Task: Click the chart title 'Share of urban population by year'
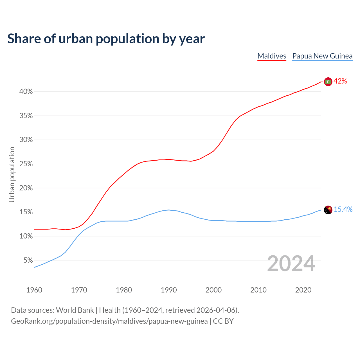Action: tap(106, 39)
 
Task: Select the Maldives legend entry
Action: tap(272, 56)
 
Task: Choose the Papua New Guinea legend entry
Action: tap(322, 56)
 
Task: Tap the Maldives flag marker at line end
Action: tap(328, 82)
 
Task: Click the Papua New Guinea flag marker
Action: tap(328, 210)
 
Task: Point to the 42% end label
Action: tap(340, 81)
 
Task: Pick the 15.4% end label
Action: tap(343, 210)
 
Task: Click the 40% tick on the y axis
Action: tap(26, 92)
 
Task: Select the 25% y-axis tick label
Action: tap(26, 164)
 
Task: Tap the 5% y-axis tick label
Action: tap(28, 260)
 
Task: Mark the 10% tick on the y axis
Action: tap(26, 236)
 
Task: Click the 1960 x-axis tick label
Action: tap(34, 290)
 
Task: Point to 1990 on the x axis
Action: tap(169, 290)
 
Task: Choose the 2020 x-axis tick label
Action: tap(303, 290)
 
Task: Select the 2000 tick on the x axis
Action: tap(213, 290)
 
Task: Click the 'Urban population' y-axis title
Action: tap(12, 174)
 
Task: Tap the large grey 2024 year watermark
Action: tap(291, 264)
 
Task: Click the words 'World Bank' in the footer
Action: tap(75, 310)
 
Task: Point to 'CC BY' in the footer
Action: tap(223, 321)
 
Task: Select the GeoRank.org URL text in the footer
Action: tap(109, 321)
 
